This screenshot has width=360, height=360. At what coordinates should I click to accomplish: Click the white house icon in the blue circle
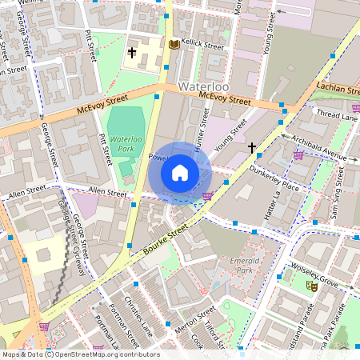point(180,173)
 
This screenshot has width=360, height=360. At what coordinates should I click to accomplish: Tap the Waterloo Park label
point(126,144)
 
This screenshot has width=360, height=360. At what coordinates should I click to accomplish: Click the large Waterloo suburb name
point(206,86)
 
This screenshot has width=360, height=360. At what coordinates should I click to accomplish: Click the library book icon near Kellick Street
point(174,44)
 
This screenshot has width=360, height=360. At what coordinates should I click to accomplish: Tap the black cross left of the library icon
point(133,53)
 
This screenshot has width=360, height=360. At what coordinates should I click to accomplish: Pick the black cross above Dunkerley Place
point(252,147)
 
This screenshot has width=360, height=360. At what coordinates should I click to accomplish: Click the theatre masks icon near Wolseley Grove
point(311,284)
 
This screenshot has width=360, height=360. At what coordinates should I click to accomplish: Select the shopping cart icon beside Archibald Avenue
point(298,154)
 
